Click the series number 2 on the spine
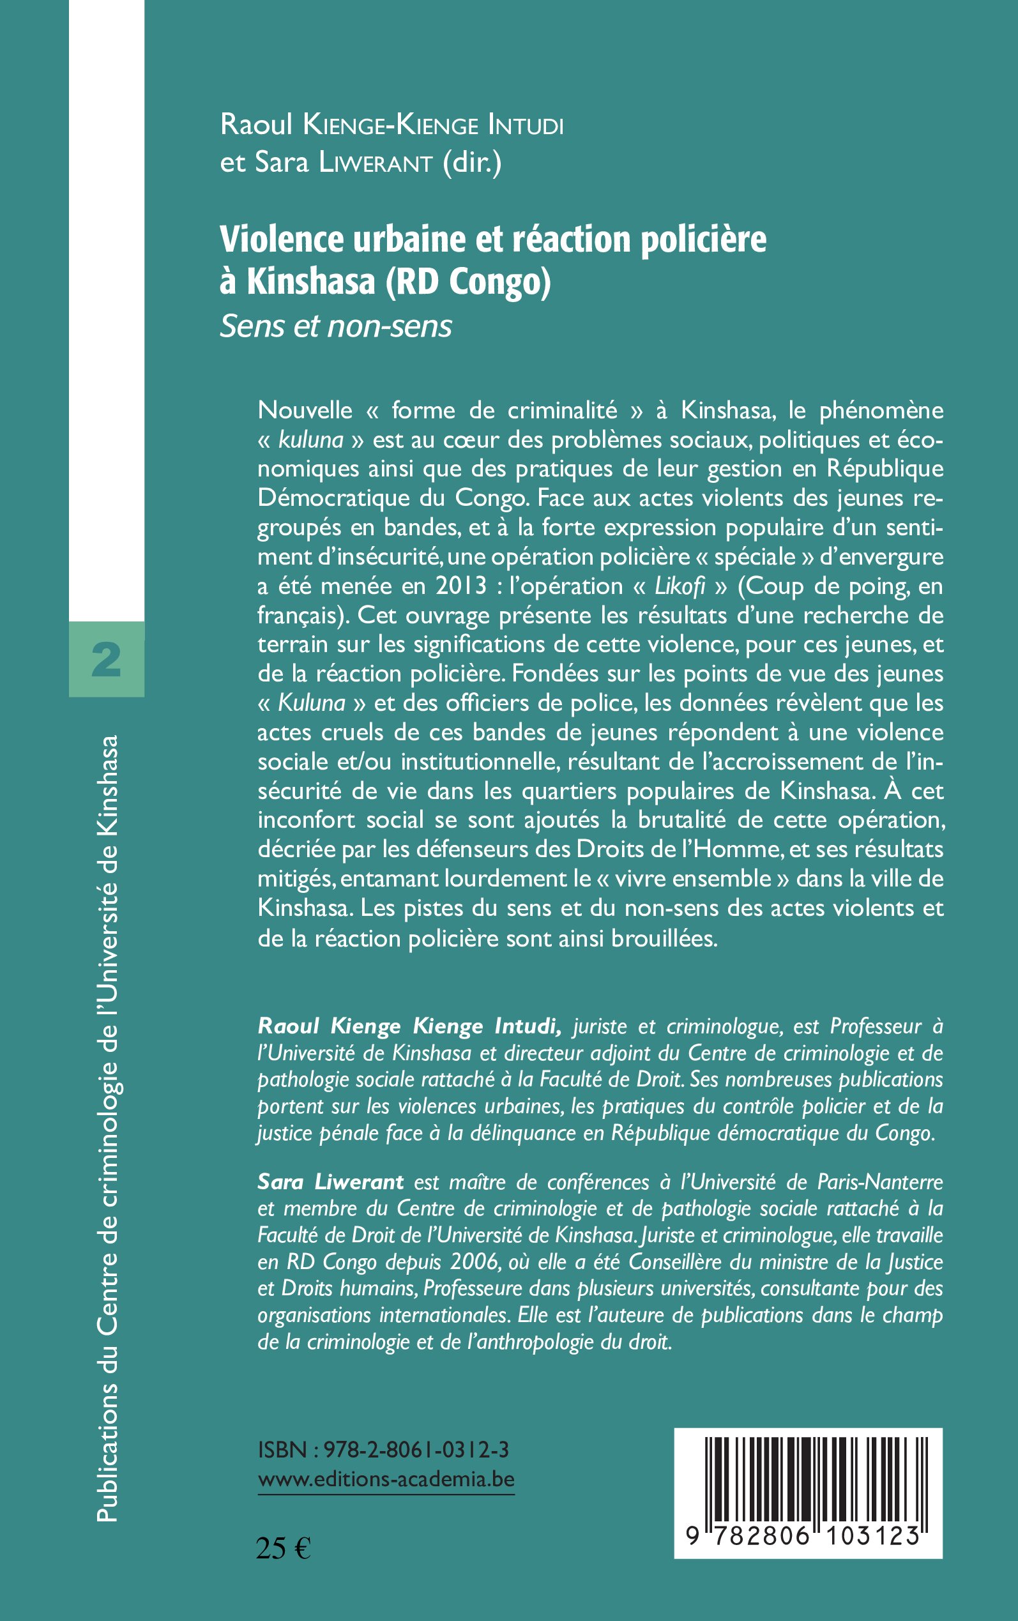click(107, 659)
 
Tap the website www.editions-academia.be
click(386, 1479)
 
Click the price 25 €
click(284, 1548)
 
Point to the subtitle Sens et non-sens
click(335, 326)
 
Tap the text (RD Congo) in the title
click(468, 282)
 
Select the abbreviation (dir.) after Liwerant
click(472, 163)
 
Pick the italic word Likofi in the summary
click(680, 586)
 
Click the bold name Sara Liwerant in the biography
click(331, 1182)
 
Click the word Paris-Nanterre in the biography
click(880, 1182)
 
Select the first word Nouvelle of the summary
click(305, 410)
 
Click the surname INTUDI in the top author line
click(525, 125)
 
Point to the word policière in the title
click(703, 239)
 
